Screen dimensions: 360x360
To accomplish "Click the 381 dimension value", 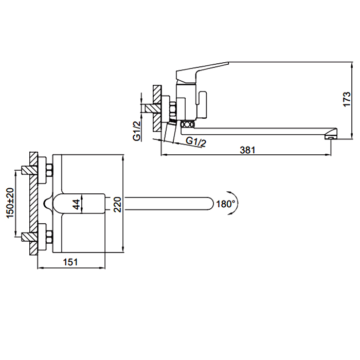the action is pyautogui.click(x=247, y=150).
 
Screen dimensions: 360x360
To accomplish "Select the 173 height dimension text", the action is pyautogui.click(x=347, y=99).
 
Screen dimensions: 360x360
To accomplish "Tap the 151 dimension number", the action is pyautogui.click(x=70, y=262).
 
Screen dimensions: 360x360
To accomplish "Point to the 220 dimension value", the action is pyautogui.click(x=117, y=205).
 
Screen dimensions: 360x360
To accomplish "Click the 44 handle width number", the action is pyautogui.click(x=76, y=204).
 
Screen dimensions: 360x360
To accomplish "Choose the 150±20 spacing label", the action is pyautogui.click(x=10, y=203).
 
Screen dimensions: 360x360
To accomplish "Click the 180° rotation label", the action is pyautogui.click(x=226, y=204).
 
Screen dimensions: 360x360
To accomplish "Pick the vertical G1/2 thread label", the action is pyautogui.click(x=137, y=131).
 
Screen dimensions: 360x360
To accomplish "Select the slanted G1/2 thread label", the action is pyautogui.click(x=196, y=142).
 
